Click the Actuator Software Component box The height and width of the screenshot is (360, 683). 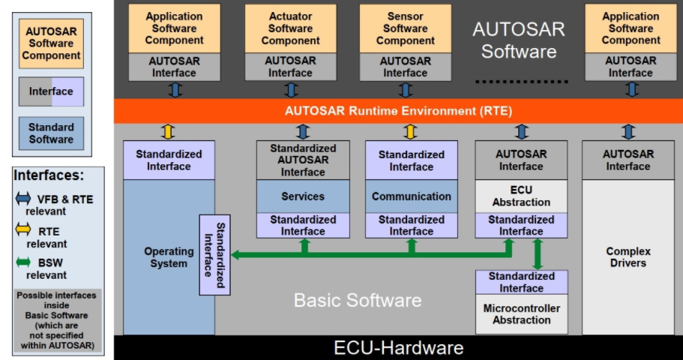point(290,28)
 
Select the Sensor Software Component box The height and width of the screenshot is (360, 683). point(405,28)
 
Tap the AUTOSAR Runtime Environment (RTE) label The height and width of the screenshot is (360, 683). point(398,111)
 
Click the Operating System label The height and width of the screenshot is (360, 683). point(169,257)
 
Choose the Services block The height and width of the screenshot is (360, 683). point(303,196)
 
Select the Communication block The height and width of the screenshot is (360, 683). point(412,196)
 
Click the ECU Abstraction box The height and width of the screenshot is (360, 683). point(521,196)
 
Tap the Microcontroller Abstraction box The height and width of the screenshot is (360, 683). point(521,314)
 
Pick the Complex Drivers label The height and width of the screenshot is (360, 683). point(628,257)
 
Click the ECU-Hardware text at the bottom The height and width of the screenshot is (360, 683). point(398,348)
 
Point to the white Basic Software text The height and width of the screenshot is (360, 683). point(358,301)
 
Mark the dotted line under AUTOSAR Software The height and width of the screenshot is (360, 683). point(523,81)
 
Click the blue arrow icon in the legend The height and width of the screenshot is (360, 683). point(25,198)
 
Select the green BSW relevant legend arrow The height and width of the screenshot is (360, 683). point(25,262)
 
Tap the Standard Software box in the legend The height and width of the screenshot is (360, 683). point(52,133)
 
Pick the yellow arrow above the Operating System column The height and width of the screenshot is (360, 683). point(169,132)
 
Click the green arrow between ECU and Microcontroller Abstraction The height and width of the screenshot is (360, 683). point(537,254)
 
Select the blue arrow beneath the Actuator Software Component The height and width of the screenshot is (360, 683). point(291,90)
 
